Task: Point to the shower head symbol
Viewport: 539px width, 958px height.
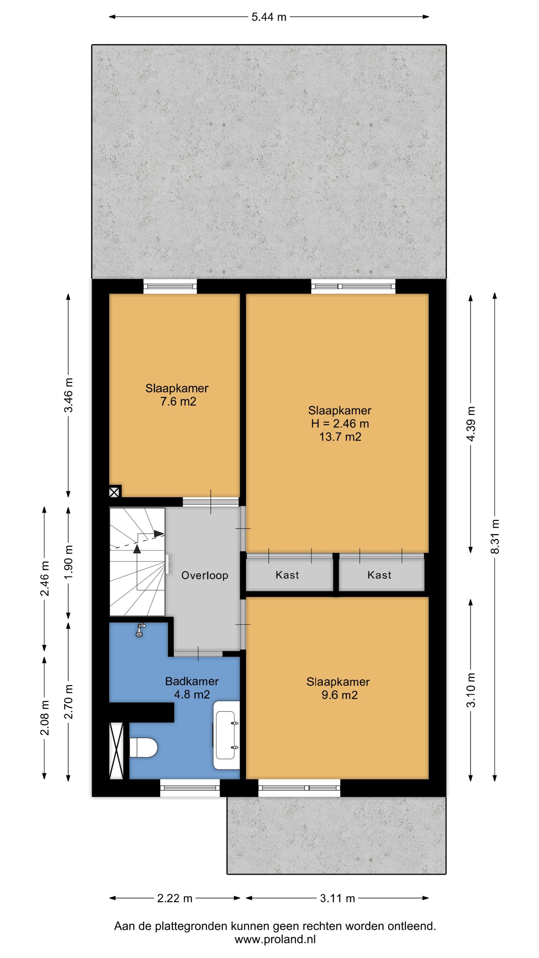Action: pyautogui.click(x=140, y=630)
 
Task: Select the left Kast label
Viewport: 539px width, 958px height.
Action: pyautogui.click(x=287, y=575)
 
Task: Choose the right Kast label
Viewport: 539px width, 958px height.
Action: pyautogui.click(x=379, y=575)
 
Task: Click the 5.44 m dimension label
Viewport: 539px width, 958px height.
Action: pyautogui.click(x=269, y=17)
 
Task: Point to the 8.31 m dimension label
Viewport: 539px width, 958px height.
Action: pyautogui.click(x=495, y=537)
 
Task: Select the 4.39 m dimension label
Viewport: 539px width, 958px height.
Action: pyautogui.click(x=471, y=423)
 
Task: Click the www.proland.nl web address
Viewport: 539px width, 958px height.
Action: pyautogui.click(x=275, y=939)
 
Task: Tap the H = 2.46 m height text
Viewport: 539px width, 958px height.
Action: pyautogui.click(x=340, y=423)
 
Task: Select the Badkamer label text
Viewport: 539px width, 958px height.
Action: pyautogui.click(x=192, y=681)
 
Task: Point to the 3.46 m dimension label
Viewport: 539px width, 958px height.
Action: pyautogui.click(x=69, y=395)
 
